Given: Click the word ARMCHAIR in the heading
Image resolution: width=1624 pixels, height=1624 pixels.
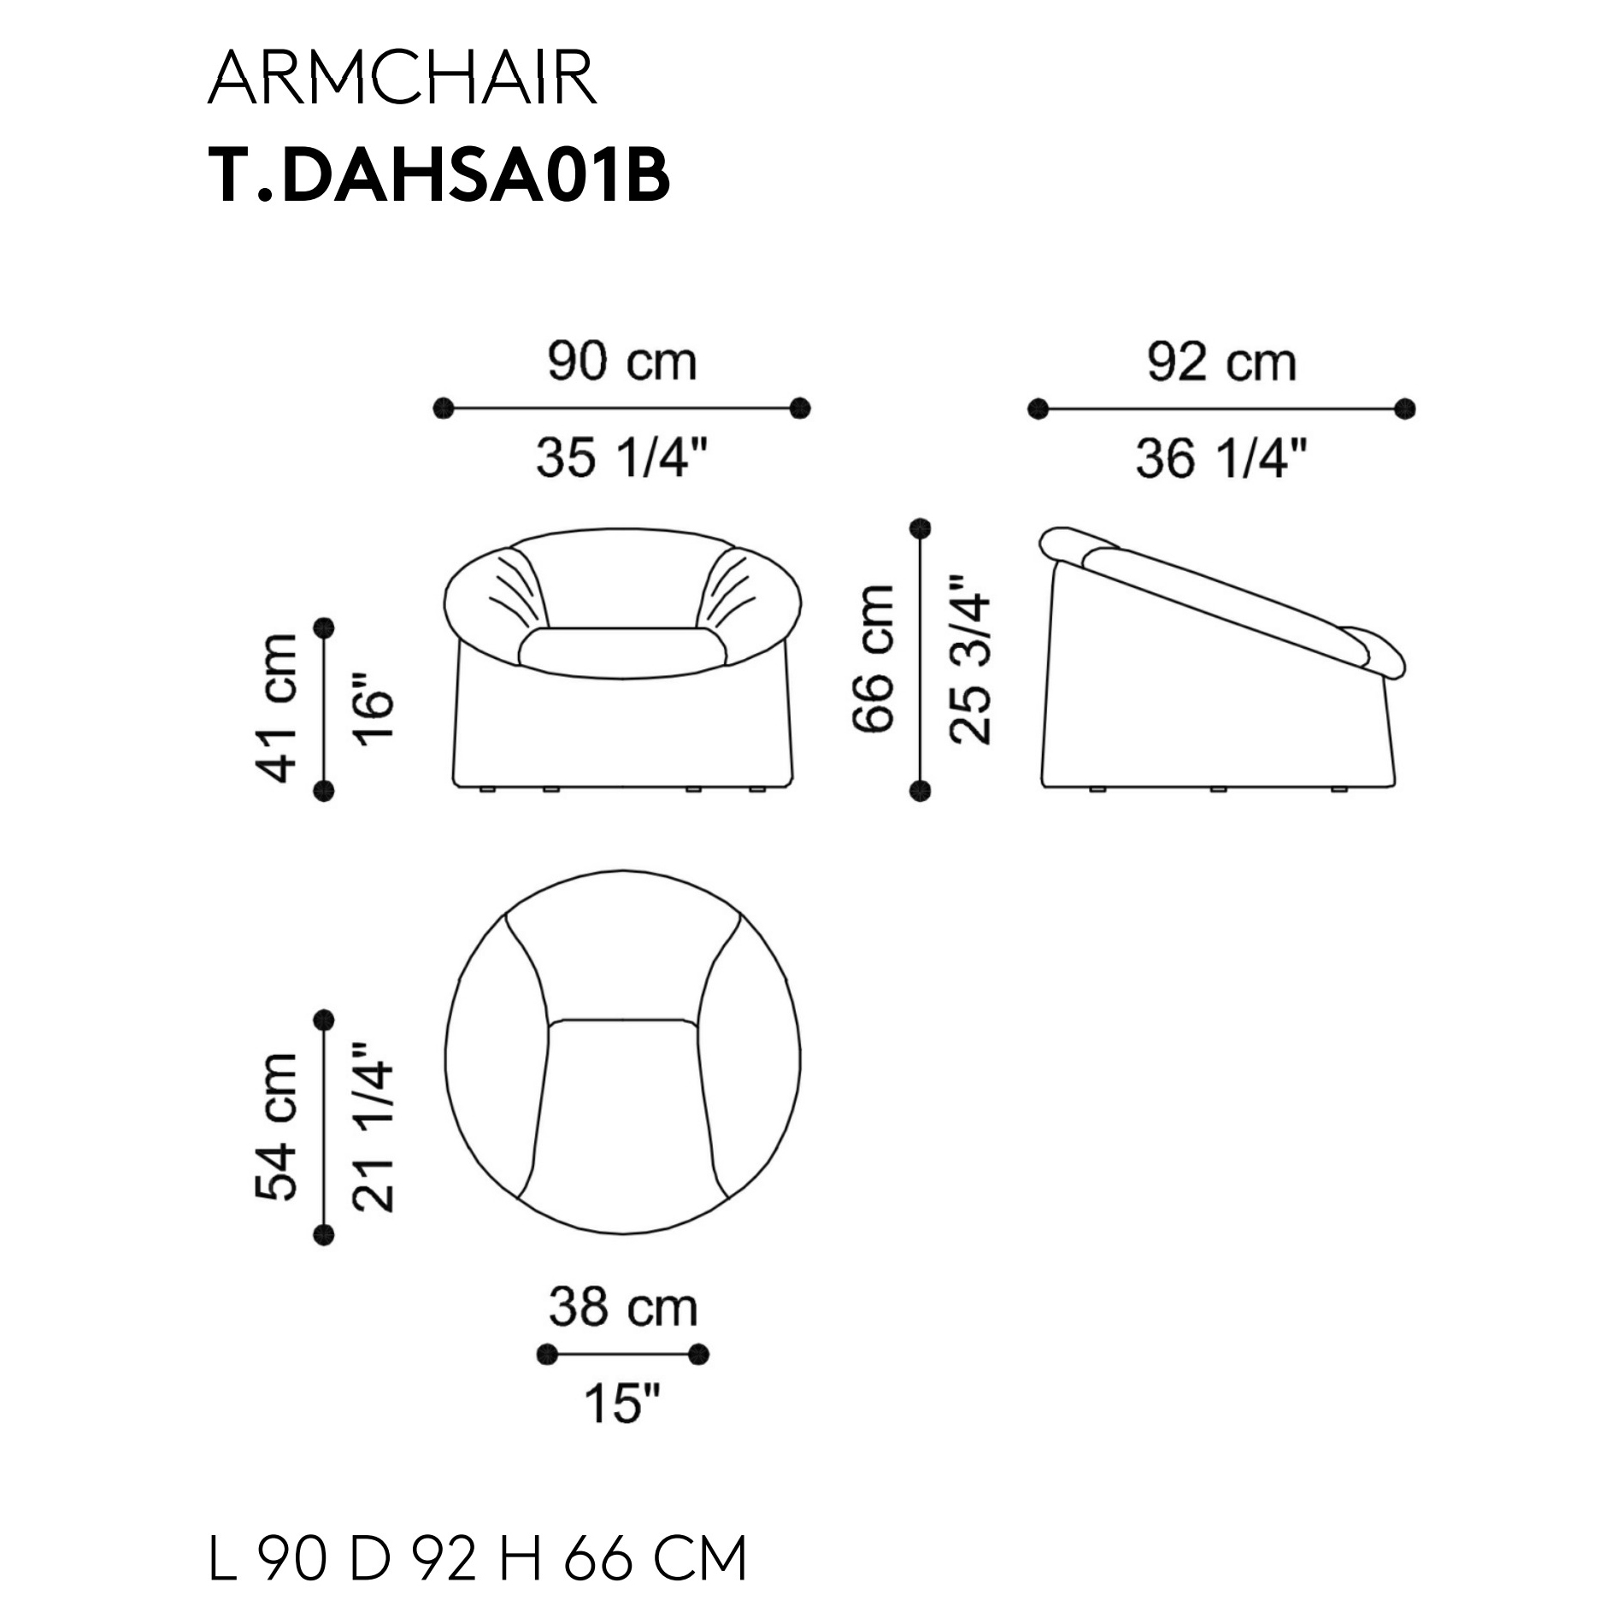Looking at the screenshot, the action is point(403,78).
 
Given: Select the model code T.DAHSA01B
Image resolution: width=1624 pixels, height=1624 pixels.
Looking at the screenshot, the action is point(438,176).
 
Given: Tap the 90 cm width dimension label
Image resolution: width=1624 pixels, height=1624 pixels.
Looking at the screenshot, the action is point(622,362).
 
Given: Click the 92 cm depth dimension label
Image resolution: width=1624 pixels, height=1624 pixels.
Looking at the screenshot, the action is point(1221,362).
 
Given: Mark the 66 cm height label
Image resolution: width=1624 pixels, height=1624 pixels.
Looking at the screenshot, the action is point(874,659).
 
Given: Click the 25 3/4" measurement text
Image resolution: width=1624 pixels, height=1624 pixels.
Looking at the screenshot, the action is point(970,659).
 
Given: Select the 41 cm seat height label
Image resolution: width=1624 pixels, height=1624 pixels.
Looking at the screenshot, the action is point(277,709).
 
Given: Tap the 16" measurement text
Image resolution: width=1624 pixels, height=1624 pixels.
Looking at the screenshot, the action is point(374,709).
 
